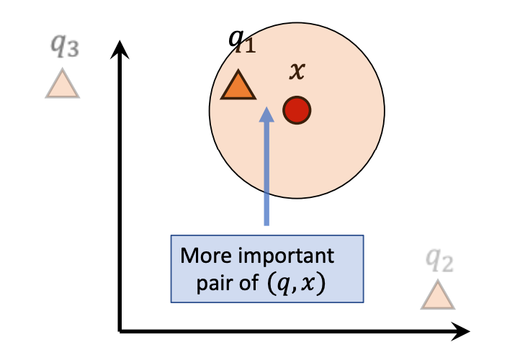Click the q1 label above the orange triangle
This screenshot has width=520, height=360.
point(241,42)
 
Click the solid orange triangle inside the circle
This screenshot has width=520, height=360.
point(238,86)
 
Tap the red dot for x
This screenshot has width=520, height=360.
point(297,109)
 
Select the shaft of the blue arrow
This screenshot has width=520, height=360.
point(266,173)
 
